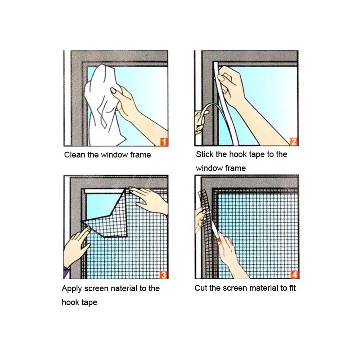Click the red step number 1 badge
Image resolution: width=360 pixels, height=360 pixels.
[164, 142]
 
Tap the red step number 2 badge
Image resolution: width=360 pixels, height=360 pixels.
[294, 141]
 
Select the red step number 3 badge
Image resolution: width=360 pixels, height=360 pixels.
[164, 274]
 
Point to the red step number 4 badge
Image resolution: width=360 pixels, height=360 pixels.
[295, 274]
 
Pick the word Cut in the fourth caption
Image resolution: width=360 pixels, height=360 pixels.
[201, 288]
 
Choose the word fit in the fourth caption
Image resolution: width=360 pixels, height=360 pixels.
[292, 288]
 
